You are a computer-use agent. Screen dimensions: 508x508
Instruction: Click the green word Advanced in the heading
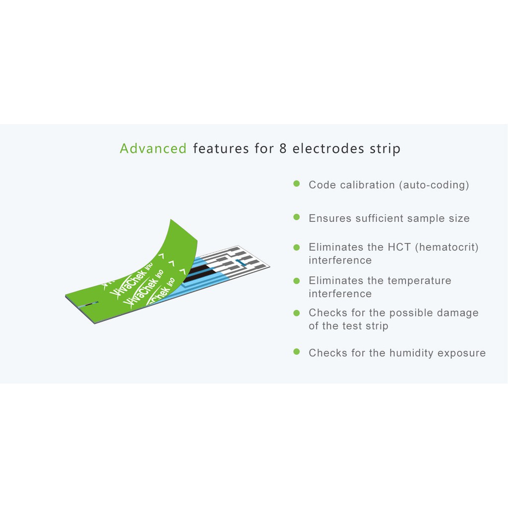[x=153, y=148]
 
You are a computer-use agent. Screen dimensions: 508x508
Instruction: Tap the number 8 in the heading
[x=283, y=148]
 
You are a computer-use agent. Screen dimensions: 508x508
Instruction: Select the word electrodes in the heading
[x=328, y=148]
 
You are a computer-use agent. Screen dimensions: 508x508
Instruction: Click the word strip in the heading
[x=385, y=149]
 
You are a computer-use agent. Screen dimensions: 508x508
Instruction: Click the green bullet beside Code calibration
[x=297, y=184]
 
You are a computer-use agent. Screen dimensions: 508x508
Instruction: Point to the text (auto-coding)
[x=434, y=185]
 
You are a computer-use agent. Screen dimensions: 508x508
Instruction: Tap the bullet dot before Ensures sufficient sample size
[x=297, y=217]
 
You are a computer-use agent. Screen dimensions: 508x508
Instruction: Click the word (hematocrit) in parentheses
[x=447, y=247]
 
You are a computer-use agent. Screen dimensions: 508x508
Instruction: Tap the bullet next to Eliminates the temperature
[x=297, y=281]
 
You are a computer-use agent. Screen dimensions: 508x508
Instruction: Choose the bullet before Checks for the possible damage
[x=297, y=313]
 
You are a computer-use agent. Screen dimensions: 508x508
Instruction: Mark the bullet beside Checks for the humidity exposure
[x=297, y=352]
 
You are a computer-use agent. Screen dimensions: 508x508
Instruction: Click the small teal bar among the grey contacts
[x=241, y=262]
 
